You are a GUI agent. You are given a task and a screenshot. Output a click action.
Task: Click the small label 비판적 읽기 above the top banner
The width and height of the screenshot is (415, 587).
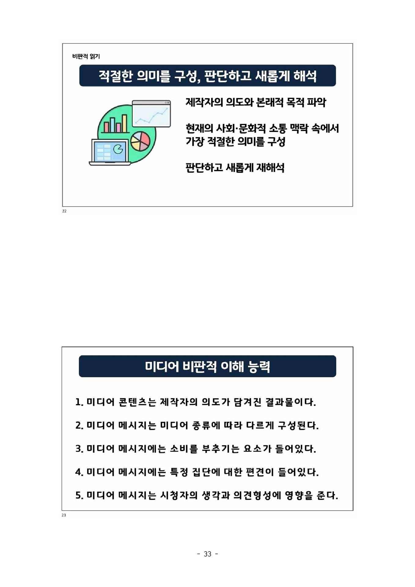tap(86, 57)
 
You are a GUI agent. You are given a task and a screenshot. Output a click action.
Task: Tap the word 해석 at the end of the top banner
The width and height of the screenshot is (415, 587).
tap(305, 76)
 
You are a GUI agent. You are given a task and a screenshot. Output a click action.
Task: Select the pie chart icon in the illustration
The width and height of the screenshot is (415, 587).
tap(141, 141)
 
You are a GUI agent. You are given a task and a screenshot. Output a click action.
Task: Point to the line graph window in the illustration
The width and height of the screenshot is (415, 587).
tap(152, 114)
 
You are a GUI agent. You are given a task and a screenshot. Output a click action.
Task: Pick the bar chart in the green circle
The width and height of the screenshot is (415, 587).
tap(115, 124)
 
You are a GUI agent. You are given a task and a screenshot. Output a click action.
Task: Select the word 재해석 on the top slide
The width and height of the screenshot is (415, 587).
tap(270, 168)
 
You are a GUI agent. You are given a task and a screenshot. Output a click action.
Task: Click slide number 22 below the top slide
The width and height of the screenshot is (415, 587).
tap(64, 211)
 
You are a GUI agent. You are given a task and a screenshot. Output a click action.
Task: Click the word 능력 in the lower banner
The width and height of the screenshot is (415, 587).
tap(259, 366)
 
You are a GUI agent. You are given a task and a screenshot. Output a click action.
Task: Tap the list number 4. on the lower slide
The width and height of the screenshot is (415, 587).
tap(79, 472)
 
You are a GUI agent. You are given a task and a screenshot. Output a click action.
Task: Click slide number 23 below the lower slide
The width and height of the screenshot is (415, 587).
tap(64, 515)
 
